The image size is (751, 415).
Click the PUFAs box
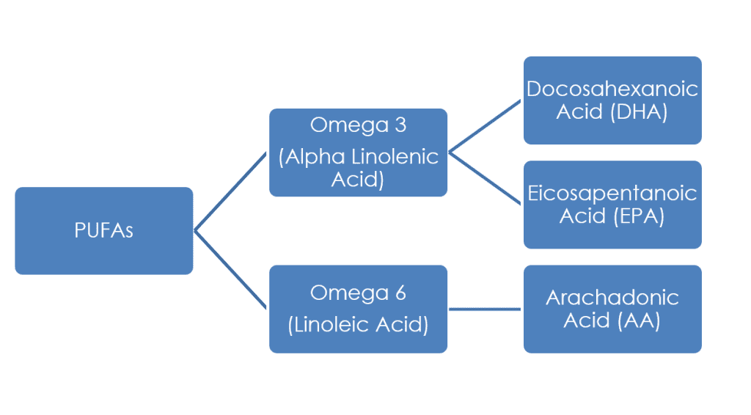tap(103, 230)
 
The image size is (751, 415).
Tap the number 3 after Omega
tap(400, 125)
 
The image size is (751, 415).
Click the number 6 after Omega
tap(400, 293)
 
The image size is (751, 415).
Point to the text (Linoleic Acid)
tap(358, 325)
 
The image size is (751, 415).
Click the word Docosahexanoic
tap(612, 89)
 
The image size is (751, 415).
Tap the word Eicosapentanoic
tap(612, 194)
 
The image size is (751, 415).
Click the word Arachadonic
tap(612, 298)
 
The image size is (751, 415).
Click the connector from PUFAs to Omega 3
tap(231, 192)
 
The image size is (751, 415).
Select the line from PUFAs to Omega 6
tap(231, 269)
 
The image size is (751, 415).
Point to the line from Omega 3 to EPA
tap(485, 178)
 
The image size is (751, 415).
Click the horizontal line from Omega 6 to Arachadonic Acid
tap(485, 309)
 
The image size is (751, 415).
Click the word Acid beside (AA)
tap(586, 320)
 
